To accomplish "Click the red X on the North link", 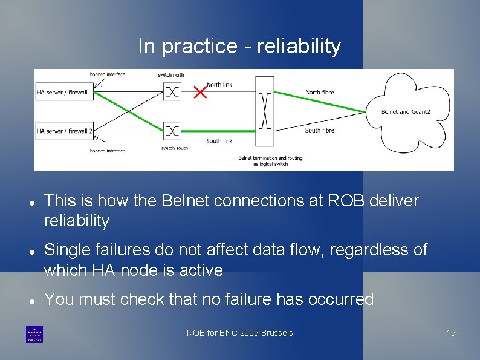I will click(199, 92).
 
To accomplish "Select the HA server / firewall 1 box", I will click(65, 92).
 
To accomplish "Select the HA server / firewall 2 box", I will click(65, 131).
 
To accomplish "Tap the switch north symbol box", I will click(172, 92).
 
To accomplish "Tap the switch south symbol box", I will click(172, 131).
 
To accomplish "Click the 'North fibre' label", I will click(320, 92).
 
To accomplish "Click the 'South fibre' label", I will click(320, 130).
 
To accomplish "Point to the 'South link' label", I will click(219, 141).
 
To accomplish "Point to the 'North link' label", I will click(219, 85).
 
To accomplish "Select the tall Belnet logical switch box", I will click(264, 111).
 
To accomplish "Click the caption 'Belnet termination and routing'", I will click(270, 159).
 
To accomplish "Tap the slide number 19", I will click(450, 333).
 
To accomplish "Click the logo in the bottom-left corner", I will click(34, 334).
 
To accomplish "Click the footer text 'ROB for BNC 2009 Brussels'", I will click(239, 333).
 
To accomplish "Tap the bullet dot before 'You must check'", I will click(30, 300).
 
